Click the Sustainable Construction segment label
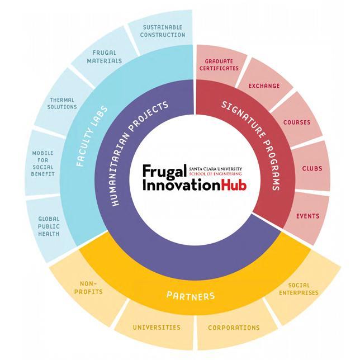pyautogui.click(x=163, y=31)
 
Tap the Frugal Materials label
pyautogui.click(x=104, y=56)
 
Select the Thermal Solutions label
pyautogui.click(x=62, y=103)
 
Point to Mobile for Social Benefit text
pyautogui.click(x=42, y=163)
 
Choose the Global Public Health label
pyautogui.click(x=49, y=226)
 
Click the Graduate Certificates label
pyautogui.click(x=219, y=65)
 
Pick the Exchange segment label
pyautogui.click(x=264, y=86)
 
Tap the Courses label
pyautogui.click(x=297, y=122)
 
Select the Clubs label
pyautogui.click(x=312, y=168)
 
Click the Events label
pyautogui.click(x=308, y=216)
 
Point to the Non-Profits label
pyautogui.click(x=88, y=288)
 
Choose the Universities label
pyautogui.click(x=157, y=327)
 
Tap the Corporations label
pyautogui.click(x=234, y=328)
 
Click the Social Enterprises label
pyautogui.click(x=299, y=289)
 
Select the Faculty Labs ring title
pyautogui.click(x=91, y=136)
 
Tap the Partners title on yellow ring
pyautogui.click(x=191, y=296)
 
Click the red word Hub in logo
pyautogui.click(x=234, y=185)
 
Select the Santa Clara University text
pyautogui.click(x=216, y=169)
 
